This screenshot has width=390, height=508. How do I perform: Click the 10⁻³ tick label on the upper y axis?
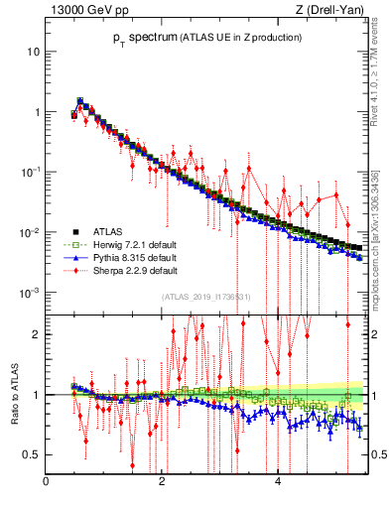tap(30, 293)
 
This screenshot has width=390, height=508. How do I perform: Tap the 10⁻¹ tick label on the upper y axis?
tap(30, 172)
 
